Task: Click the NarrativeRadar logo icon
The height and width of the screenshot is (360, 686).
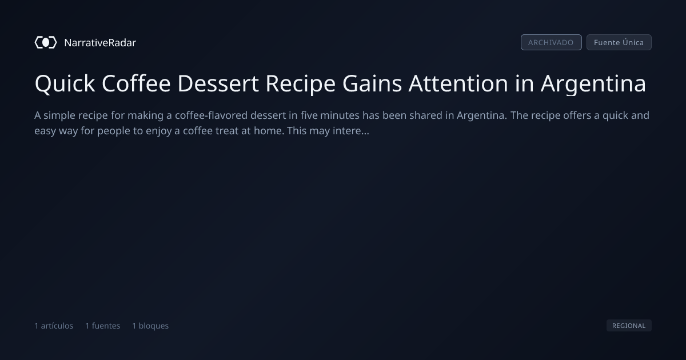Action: pyautogui.click(x=46, y=42)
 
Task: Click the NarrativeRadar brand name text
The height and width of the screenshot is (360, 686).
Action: pyautogui.click(x=100, y=42)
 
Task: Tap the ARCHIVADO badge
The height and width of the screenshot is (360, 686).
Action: pyautogui.click(x=551, y=42)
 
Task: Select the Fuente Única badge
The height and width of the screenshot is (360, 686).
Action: pyautogui.click(x=619, y=42)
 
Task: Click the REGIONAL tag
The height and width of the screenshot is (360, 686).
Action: pyautogui.click(x=629, y=325)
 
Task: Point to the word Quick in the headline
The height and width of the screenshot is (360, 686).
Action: pyautogui.click(x=65, y=83)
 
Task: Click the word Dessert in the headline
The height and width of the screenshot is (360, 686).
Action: pyautogui.click(x=218, y=83)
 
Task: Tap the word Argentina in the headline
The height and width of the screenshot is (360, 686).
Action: pyautogui.click(x=593, y=83)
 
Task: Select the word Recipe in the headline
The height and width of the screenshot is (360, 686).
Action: pyautogui.click(x=301, y=83)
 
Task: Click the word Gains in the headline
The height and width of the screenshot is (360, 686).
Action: pyautogui.click(x=372, y=83)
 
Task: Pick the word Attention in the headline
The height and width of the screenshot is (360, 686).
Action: pyautogui.click(x=458, y=83)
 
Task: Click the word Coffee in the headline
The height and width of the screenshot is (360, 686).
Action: pyautogui.click(x=136, y=83)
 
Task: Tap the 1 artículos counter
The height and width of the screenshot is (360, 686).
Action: pyautogui.click(x=54, y=326)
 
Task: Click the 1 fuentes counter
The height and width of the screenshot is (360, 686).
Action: pyautogui.click(x=102, y=326)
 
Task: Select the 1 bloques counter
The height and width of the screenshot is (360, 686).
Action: pyautogui.click(x=150, y=326)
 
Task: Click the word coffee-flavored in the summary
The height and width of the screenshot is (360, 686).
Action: pyautogui.click(x=211, y=115)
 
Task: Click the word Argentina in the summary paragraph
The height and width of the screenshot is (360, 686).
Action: pyautogui.click(x=482, y=115)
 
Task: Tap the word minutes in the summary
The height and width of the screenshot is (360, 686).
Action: pyautogui.click(x=340, y=115)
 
